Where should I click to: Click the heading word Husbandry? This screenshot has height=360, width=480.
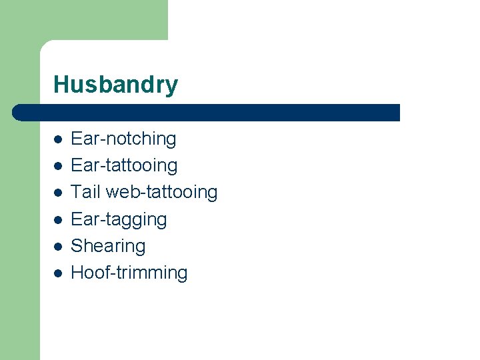coord(115,85)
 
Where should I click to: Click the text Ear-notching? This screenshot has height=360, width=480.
coord(123,139)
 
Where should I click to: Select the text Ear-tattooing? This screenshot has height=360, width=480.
coord(124,165)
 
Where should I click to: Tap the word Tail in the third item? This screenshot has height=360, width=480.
coord(85,192)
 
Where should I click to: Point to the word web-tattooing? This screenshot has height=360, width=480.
coord(161,192)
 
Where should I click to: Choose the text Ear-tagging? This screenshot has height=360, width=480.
coord(119,219)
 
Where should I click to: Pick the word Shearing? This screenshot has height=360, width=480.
coord(108,246)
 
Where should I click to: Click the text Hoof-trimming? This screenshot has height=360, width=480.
coord(129,273)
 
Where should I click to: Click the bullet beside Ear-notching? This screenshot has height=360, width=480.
coord(58,139)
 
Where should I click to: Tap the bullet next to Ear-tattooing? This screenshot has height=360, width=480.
coord(58,166)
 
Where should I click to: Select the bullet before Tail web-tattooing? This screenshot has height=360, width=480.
coord(58,193)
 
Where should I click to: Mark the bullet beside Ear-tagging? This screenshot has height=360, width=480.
coord(58,219)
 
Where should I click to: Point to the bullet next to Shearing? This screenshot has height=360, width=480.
coord(58,246)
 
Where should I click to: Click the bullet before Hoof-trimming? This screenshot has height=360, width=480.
coord(58,273)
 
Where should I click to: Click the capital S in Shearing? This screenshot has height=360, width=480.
coord(77,246)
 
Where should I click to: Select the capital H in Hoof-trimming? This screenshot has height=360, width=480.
coord(77,273)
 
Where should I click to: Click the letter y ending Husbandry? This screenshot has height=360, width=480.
coord(172,87)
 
